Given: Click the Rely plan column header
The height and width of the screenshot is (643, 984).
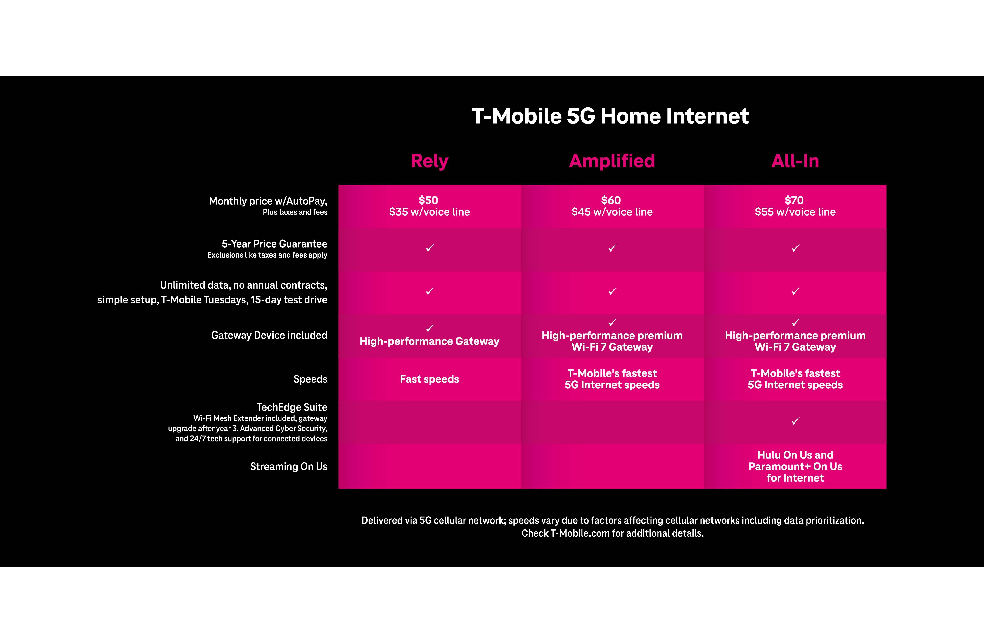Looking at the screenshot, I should (429, 161).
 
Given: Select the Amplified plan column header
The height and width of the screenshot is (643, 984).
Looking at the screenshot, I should (612, 161).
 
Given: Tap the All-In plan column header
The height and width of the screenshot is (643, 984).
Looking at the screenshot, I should (795, 161).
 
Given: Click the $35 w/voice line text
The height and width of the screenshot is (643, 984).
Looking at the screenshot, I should (429, 212).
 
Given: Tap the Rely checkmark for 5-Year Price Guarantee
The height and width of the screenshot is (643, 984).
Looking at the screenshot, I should (430, 248).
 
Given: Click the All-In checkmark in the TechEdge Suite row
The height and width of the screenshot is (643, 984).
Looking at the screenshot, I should (795, 421).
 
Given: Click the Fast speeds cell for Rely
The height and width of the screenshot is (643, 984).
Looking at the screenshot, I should (429, 379).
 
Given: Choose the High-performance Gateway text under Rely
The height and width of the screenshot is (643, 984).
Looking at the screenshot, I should (429, 341).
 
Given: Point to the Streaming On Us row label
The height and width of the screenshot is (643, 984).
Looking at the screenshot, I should (289, 467).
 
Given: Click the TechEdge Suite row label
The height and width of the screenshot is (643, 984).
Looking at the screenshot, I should (292, 407).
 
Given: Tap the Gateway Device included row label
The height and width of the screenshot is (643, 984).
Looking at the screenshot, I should (269, 335).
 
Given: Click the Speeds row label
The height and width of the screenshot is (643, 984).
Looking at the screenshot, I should (310, 379).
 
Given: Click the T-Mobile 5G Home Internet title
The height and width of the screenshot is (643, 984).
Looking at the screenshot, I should (610, 116).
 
